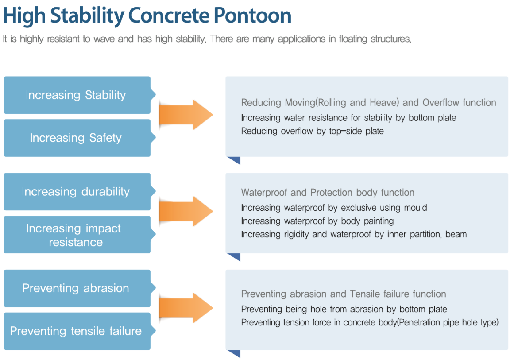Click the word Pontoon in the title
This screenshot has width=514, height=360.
[x=252, y=15]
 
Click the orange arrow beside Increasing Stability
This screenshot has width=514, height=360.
[x=186, y=115]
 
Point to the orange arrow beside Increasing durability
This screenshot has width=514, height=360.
[x=186, y=212]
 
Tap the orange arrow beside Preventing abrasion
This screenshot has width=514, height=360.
[x=186, y=308]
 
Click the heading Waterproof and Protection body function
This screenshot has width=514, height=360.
[x=328, y=193]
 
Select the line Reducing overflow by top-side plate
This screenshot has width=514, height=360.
[x=313, y=131]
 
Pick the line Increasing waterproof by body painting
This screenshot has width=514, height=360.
[x=317, y=221]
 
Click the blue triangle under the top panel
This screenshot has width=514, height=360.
[x=234, y=160]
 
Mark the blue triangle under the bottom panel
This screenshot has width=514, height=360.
[x=234, y=354]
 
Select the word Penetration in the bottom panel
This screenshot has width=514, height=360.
[x=420, y=323]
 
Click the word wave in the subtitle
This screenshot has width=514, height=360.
[x=104, y=39]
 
